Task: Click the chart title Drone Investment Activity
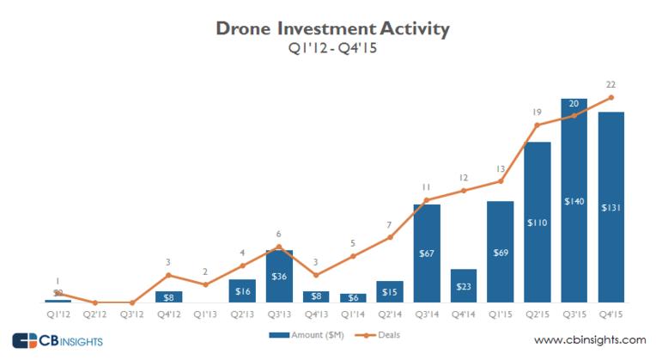click(332, 31)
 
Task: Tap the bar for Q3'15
click(574, 201)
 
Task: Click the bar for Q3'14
click(426, 253)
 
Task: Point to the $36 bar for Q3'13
click(279, 276)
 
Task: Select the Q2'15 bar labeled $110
click(537, 222)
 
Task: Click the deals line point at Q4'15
click(610, 97)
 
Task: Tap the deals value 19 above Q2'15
click(537, 112)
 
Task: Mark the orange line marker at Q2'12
click(95, 302)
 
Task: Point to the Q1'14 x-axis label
click(353, 314)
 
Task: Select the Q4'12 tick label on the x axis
click(169, 314)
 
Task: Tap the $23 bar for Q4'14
click(463, 285)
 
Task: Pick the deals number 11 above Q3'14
click(426, 186)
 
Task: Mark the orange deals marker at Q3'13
click(279, 247)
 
